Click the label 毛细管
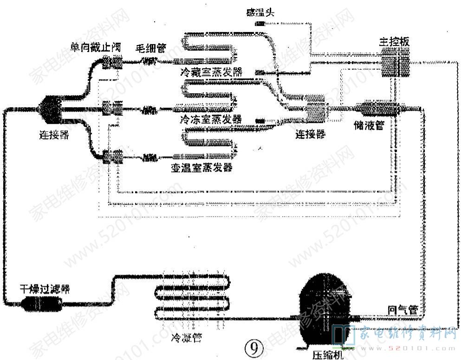pos(150,47)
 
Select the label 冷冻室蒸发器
pos(211,119)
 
